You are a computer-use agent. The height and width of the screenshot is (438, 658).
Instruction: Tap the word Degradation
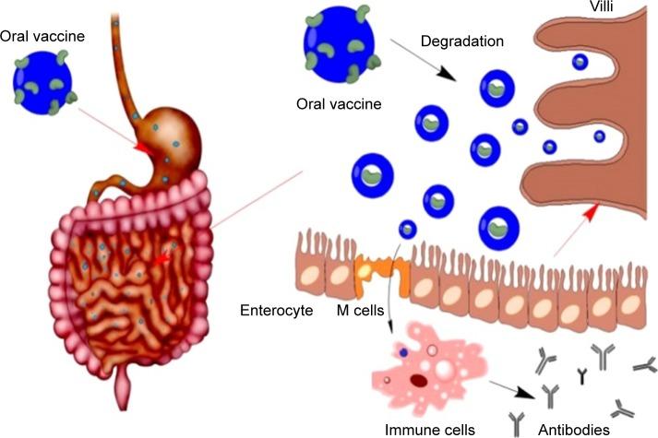click(461, 41)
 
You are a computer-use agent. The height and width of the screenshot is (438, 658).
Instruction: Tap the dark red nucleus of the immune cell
click(419, 380)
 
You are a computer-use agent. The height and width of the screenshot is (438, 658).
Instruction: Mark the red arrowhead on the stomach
click(143, 147)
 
